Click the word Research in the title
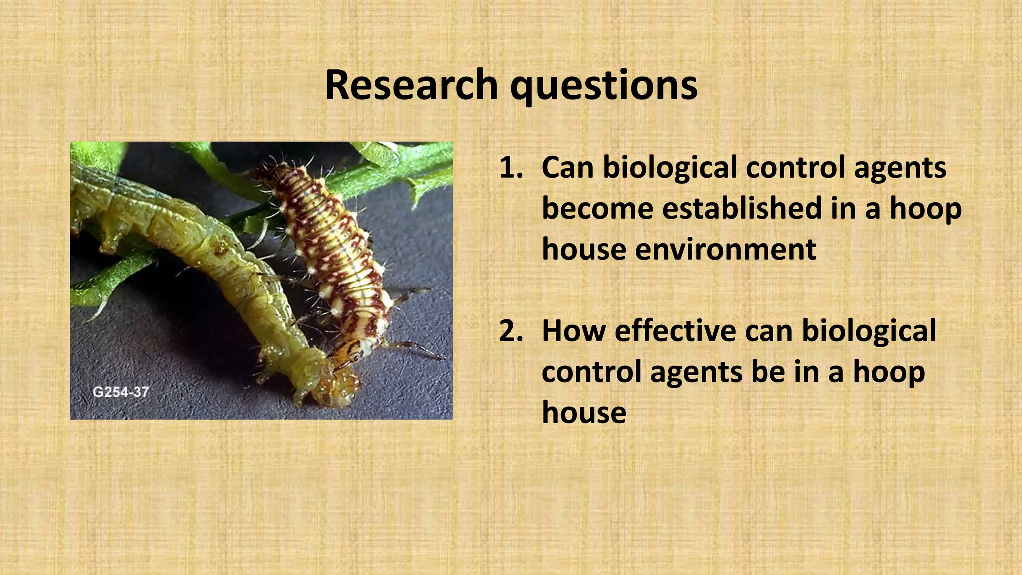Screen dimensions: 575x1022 [x=411, y=85]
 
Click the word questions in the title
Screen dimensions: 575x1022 [x=604, y=86]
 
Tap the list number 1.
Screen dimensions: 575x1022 [x=511, y=168]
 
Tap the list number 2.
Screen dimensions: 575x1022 [x=511, y=331]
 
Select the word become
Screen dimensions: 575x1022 [x=597, y=208]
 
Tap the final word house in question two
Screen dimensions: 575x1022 [x=584, y=413]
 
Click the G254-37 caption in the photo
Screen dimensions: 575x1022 [x=121, y=392]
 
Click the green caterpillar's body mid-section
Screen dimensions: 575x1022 [x=210, y=240]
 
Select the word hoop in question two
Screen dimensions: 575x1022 [x=889, y=372]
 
